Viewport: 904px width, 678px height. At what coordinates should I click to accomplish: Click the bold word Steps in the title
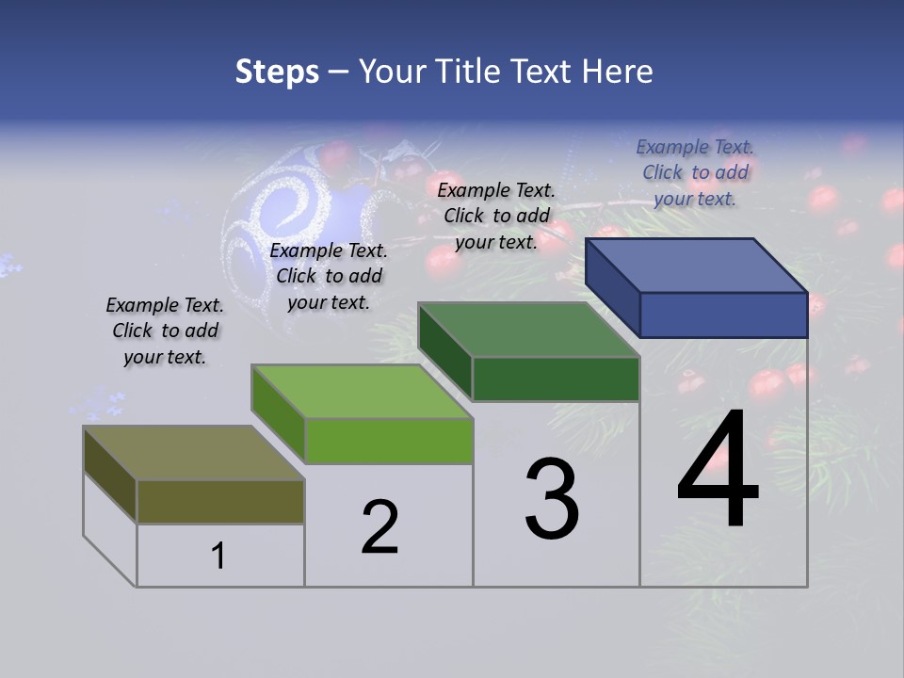pyautogui.click(x=277, y=72)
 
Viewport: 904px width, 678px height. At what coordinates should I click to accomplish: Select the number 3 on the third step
pyautogui.click(x=552, y=499)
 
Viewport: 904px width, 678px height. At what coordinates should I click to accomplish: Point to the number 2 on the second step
pyautogui.click(x=380, y=527)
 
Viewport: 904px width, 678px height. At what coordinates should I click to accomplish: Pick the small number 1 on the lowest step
pyautogui.click(x=218, y=556)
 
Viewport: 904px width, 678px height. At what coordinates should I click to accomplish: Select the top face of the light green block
pyautogui.click(x=362, y=391)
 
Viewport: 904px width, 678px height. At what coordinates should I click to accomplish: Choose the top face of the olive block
pyautogui.click(x=194, y=452)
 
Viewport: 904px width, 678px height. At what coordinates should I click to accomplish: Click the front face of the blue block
pyautogui.click(x=723, y=315)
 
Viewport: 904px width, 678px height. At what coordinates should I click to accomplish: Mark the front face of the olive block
pyautogui.click(x=220, y=501)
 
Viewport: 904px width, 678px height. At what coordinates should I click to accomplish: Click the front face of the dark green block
pyautogui.click(x=556, y=379)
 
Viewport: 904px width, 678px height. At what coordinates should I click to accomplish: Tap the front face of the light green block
pyautogui.click(x=388, y=441)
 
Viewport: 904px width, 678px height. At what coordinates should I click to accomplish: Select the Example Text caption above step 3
pyautogui.click(x=496, y=216)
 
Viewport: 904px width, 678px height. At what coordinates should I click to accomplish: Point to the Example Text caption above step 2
pyautogui.click(x=329, y=276)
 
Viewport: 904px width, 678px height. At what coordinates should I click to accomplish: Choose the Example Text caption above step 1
pyautogui.click(x=165, y=331)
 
